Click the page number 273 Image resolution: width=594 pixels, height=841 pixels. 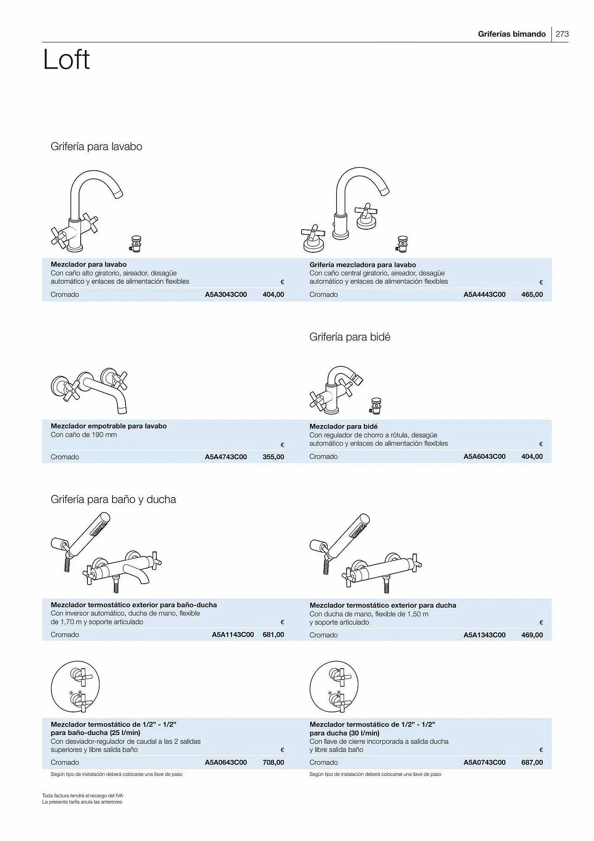point(562,34)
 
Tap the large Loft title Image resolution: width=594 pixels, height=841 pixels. point(66,60)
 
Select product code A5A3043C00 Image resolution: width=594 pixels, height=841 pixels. point(226,294)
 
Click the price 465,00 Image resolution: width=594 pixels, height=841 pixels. point(532,294)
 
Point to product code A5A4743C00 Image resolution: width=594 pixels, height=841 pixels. point(226,457)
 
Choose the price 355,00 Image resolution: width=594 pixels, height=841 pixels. point(273,457)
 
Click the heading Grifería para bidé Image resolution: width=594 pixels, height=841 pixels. point(350,337)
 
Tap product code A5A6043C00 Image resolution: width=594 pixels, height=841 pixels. point(484,456)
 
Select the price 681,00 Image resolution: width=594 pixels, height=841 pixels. point(273,635)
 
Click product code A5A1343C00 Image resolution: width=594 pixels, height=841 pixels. point(484,635)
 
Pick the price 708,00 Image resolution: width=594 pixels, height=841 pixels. point(273,762)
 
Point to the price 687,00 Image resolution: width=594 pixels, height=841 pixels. point(532,762)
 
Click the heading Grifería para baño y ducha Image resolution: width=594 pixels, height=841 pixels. point(113,499)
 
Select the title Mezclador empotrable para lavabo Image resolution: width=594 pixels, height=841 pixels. point(108,426)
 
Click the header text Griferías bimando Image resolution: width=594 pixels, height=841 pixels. point(512,34)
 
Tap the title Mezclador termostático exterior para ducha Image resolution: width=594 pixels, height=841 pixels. point(383,605)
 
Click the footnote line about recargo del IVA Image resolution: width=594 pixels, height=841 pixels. point(82,796)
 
